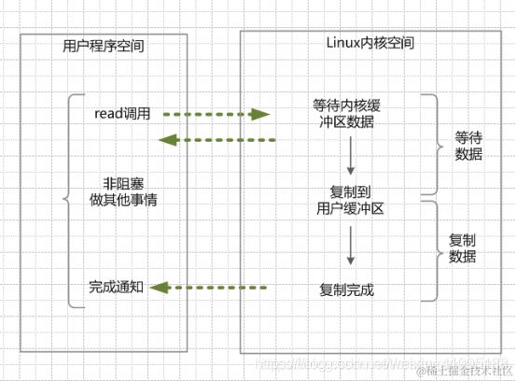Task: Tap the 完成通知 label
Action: [116, 287]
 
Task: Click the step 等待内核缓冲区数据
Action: [347, 112]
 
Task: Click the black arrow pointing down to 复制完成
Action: [349, 246]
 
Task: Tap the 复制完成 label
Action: [346, 289]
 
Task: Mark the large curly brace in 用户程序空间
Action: [68, 200]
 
